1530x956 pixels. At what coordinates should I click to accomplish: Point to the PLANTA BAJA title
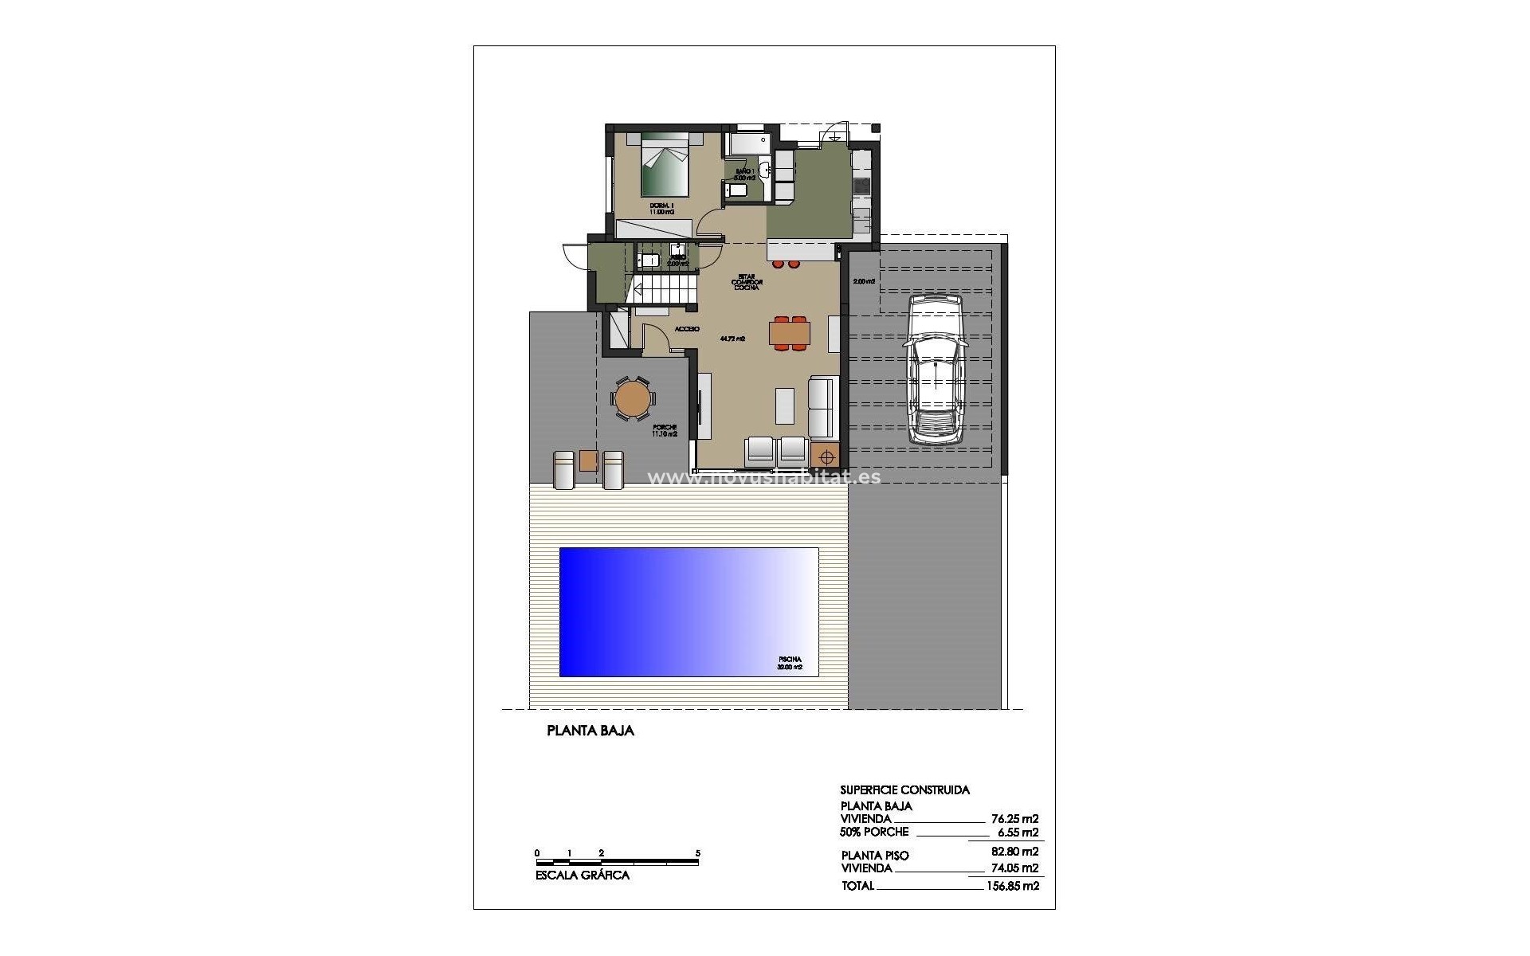tap(590, 731)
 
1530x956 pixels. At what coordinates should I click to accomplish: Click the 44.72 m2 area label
tap(732, 338)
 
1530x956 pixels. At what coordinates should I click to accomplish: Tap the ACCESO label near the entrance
tap(687, 329)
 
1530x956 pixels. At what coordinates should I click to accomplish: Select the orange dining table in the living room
tap(790, 332)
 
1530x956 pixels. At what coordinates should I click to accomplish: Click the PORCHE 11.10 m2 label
tap(665, 430)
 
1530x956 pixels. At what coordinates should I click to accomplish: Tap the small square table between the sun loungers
tap(589, 461)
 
